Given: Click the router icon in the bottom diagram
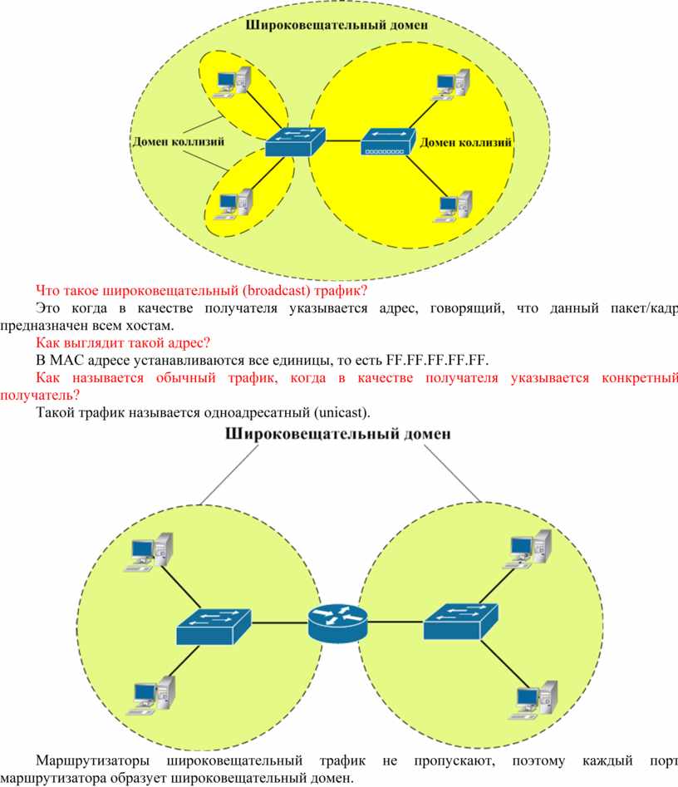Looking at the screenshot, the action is click(337, 623).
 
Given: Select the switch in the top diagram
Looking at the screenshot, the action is click(295, 141).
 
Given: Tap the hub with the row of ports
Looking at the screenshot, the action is click(388, 141).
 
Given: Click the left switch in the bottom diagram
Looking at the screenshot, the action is click(214, 627).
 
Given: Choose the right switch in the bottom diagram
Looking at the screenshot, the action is click(460, 622).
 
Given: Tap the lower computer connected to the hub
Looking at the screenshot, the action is click(453, 206).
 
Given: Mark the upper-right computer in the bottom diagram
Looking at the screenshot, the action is click(527, 549).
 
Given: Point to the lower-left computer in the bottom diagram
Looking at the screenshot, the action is click(150, 695).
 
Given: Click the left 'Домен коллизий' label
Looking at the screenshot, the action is click(178, 141).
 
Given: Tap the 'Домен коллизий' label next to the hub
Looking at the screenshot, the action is click(466, 143).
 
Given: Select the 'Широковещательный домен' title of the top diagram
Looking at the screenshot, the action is click(337, 25).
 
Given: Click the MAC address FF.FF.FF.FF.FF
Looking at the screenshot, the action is click(437, 360).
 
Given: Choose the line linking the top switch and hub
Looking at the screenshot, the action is click(343, 141).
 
